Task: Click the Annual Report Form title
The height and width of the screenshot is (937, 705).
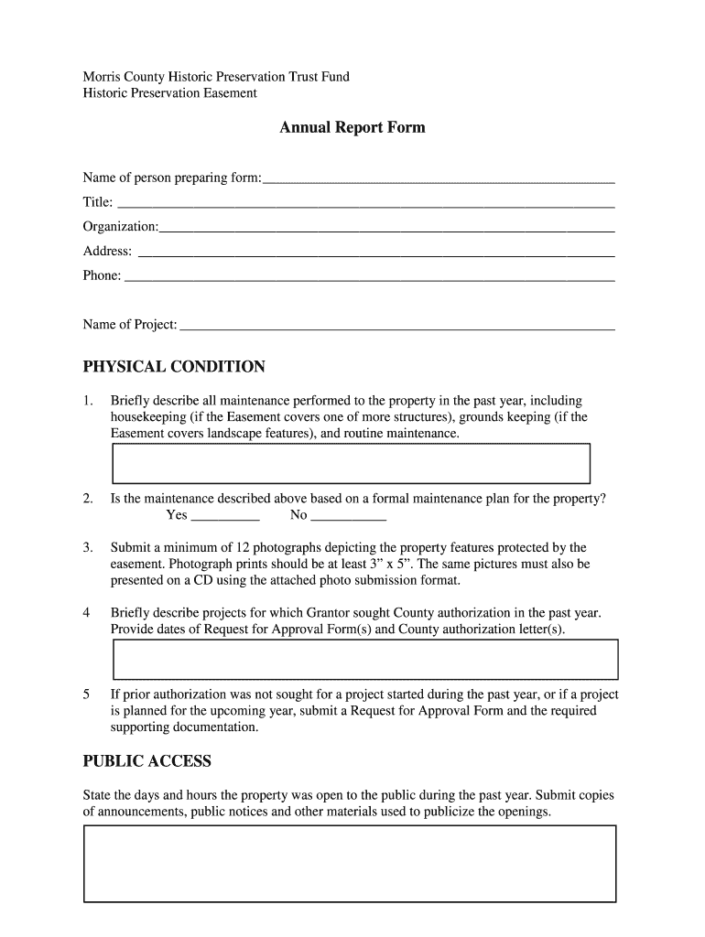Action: (352, 128)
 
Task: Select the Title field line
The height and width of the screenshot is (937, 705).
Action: (365, 204)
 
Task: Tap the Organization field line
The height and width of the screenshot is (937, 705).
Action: (386, 229)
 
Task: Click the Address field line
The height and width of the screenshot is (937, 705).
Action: (375, 253)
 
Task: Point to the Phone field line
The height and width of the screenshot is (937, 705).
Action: (369, 278)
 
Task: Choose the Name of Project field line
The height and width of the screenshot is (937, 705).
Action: (396, 327)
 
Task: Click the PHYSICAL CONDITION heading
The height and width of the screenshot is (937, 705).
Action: (174, 368)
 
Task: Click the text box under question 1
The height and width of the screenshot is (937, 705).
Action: (351, 463)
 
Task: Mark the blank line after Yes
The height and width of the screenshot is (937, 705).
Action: (221, 517)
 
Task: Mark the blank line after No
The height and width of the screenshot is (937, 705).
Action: (349, 517)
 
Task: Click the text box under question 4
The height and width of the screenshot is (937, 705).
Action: (365, 659)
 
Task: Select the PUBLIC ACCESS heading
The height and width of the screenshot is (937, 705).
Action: (146, 761)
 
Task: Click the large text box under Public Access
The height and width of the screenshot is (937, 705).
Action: (350, 864)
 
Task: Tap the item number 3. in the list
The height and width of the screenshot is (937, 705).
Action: (88, 548)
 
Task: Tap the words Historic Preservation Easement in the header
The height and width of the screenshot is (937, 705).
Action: (170, 93)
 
